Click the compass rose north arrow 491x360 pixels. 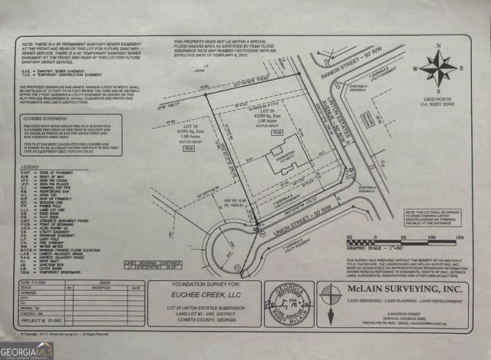439,67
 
